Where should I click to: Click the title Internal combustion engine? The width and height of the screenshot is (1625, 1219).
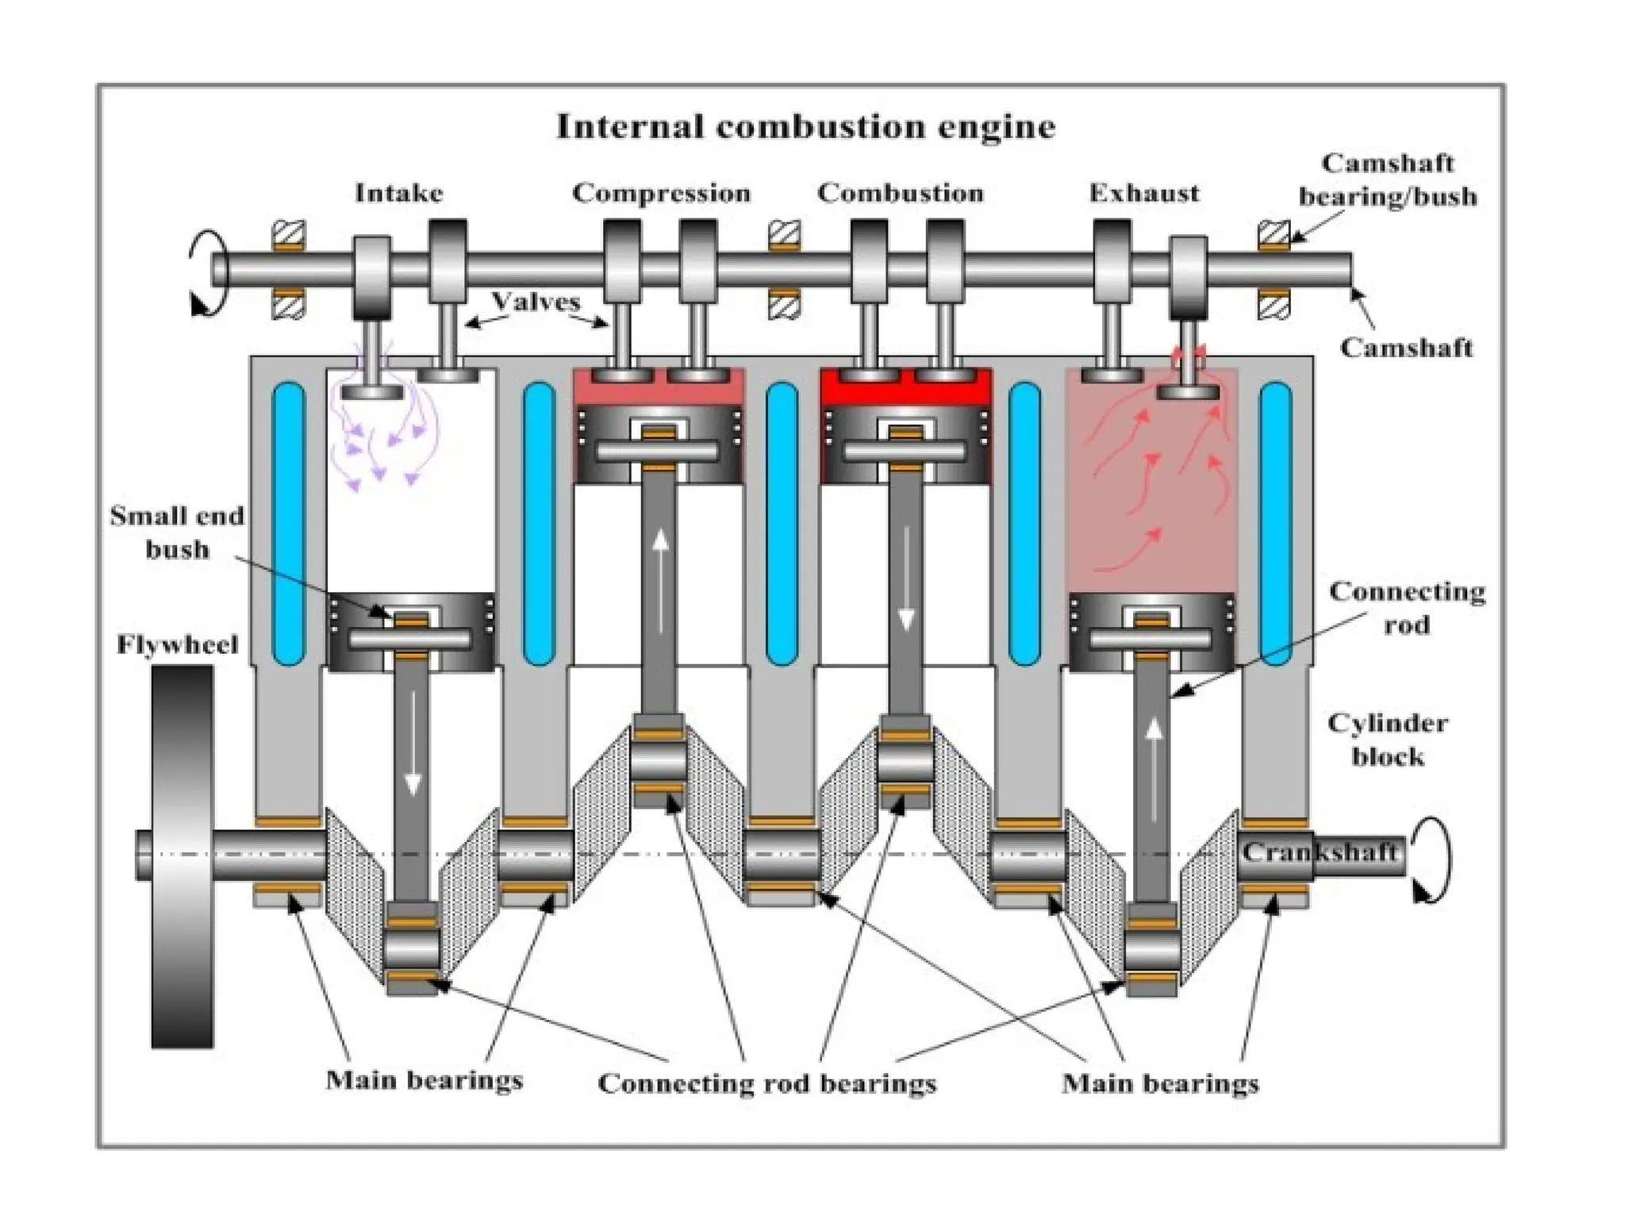click(805, 127)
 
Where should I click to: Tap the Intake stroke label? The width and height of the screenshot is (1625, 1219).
click(398, 193)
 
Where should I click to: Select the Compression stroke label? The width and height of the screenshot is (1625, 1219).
click(661, 193)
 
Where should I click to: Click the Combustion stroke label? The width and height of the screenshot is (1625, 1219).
click(901, 193)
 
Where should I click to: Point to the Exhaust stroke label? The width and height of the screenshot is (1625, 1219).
click(1143, 193)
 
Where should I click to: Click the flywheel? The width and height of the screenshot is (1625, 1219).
click(182, 857)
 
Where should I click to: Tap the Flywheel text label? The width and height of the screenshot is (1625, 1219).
click(177, 644)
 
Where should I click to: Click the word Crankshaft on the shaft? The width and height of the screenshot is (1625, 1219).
click(1319, 852)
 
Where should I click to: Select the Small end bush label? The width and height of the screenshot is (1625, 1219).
click(176, 533)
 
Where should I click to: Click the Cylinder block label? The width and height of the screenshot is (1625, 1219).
click(1387, 740)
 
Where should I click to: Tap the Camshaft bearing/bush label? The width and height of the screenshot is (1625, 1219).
click(1387, 180)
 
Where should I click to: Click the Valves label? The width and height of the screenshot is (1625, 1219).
click(536, 302)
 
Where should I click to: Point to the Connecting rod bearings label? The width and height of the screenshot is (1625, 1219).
click(766, 1083)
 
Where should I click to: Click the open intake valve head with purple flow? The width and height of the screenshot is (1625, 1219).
click(372, 391)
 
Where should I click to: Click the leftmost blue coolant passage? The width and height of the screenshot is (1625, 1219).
click(288, 524)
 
